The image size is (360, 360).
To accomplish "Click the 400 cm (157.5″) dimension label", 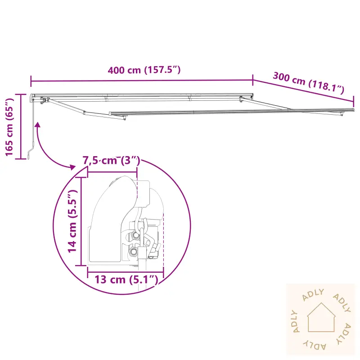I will [x=144, y=70].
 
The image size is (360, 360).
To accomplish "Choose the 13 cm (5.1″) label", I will [x=126, y=280].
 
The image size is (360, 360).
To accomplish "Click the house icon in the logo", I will [x=321, y=317].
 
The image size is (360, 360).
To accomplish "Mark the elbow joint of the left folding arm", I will [x=85, y=112].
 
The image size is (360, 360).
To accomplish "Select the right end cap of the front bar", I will [x=352, y=110].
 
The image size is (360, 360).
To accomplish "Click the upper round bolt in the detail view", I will [x=135, y=236].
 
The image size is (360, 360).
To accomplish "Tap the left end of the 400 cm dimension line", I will [x=31, y=81].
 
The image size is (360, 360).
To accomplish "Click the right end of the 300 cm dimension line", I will [x=354, y=100].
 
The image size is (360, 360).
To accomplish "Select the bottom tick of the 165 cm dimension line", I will [x=21, y=158].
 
